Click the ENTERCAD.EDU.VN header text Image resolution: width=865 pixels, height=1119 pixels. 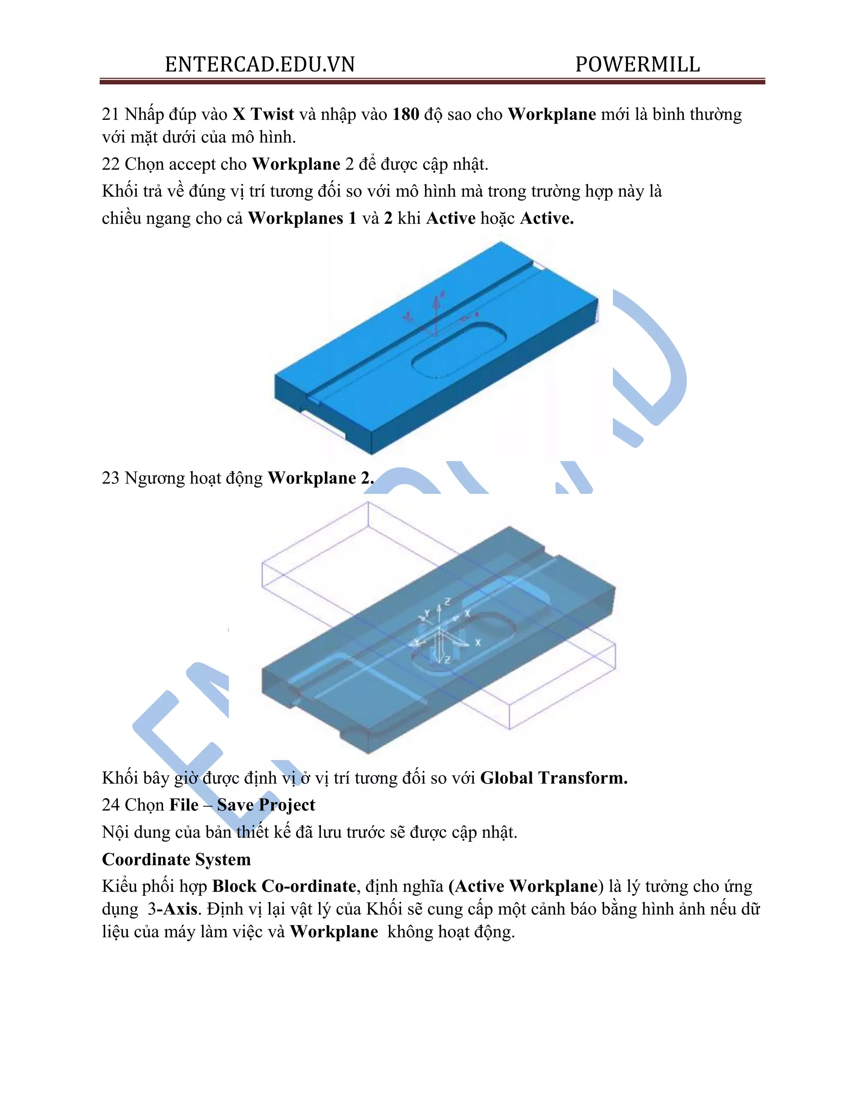click(x=260, y=65)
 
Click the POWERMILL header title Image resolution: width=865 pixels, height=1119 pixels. click(x=637, y=65)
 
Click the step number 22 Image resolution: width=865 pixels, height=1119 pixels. click(x=110, y=164)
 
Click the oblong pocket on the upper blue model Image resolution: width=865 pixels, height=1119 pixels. click(x=459, y=350)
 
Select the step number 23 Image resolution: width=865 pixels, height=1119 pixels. click(x=110, y=478)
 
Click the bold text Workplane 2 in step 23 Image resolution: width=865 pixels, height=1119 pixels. click(x=320, y=478)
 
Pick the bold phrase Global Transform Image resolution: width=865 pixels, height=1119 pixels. click(x=553, y=778)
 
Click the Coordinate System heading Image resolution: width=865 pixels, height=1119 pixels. click(x=176, y=859)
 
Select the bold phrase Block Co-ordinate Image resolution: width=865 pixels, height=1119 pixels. click(x=284, y=886)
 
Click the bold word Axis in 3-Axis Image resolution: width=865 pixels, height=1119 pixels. click(x=180, y=909)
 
